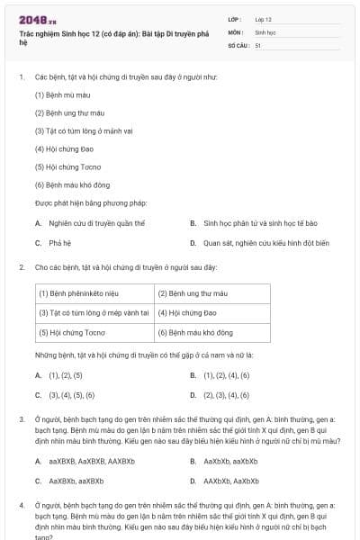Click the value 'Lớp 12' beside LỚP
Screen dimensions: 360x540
(x=263, y=18)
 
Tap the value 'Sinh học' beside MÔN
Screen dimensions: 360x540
(x=265, y=31)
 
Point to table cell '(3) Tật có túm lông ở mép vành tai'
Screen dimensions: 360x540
(x=94, y=312)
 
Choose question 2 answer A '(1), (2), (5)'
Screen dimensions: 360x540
(x=65, y=374)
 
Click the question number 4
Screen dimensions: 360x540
(x=22, y=507)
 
